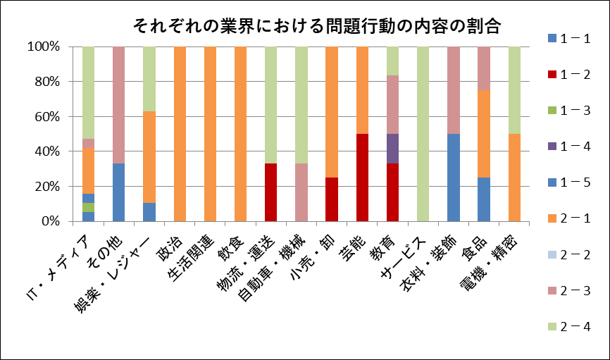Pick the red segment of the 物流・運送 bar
point(270,192)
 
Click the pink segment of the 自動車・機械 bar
point(301,192)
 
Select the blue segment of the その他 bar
point(119,192)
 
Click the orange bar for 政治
point(180,134)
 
